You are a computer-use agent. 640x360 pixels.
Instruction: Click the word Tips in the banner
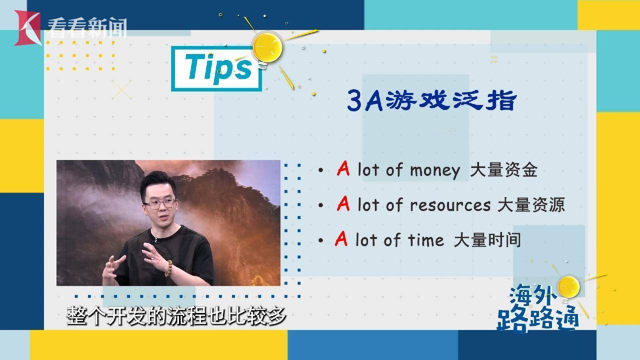click(x=218, y=68)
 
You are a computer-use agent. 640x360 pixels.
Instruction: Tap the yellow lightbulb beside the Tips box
click(x=267, y=49)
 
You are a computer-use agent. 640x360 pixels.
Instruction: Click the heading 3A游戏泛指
click(x=432, y=100)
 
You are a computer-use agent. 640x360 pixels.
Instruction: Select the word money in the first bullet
click(x=435, y=170)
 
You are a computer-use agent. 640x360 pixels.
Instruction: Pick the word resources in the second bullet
click(x=450, y=205)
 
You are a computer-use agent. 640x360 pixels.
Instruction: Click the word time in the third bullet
click(x=425, y=239)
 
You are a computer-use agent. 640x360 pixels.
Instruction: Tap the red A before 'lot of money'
click(x=343, y=168)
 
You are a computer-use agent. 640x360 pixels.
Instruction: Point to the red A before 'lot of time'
click(x=341, y=238)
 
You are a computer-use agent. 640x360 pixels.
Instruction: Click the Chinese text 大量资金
click(x=503, y=170)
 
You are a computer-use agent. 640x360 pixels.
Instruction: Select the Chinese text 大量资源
click(x=531, y=204)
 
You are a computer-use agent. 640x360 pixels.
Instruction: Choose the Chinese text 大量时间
click(x=487, y=239)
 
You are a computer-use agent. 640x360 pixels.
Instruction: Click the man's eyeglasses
click(x=160, y=204)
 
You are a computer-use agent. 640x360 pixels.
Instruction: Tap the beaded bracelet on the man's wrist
click(x=168, y=268)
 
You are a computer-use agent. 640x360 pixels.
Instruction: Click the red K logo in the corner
click(x=27, y=28)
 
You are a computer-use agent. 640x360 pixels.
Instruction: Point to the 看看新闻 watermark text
click(x=87, y=28)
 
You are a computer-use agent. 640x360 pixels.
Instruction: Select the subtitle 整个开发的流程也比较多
click(x=176, y=316)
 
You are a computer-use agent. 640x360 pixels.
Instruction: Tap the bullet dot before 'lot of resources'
click(x=320, y=205)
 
